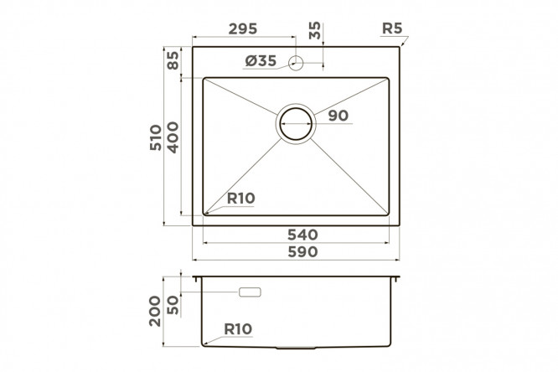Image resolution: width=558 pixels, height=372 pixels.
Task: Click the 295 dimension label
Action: pos(243,28)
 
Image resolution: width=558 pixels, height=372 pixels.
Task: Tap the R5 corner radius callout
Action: pos(392,28)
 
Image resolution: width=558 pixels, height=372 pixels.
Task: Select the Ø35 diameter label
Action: pos(261,61)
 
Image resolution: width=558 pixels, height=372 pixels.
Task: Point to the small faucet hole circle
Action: pos(296,64)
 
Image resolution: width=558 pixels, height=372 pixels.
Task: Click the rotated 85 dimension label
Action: pos(173,60)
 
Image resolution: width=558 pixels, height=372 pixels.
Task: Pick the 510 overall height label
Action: pos(155,137)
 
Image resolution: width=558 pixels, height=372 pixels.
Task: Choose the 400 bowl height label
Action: pos(173,137)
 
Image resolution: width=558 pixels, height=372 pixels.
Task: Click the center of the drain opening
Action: pos(296,123)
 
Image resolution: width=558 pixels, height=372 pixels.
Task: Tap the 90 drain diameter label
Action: pos(338,116)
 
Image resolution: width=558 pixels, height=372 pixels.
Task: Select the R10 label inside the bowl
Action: pos(241,199)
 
